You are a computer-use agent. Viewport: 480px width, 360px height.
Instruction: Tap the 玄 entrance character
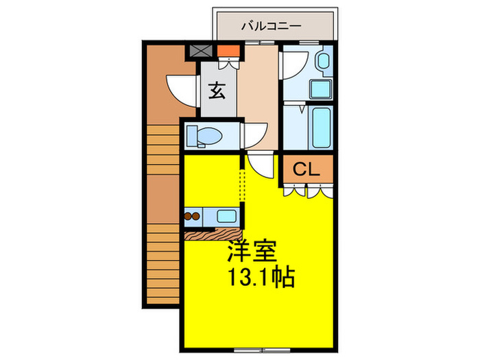pyautogui.click(x=217, y=91)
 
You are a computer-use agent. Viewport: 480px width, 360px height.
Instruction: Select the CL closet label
pyautogui.click(x=307, y=169)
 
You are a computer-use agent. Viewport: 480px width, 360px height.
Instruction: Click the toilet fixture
pyautogui.click(x=206, y=136)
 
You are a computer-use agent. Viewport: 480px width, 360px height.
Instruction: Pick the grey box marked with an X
pyautogui.click(x=201, y=51)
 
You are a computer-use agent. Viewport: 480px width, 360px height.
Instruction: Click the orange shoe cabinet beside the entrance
pyautogui.click(x=228, y=51)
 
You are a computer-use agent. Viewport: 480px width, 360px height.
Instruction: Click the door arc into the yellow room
pyautogui.click(x=261, y=165)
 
